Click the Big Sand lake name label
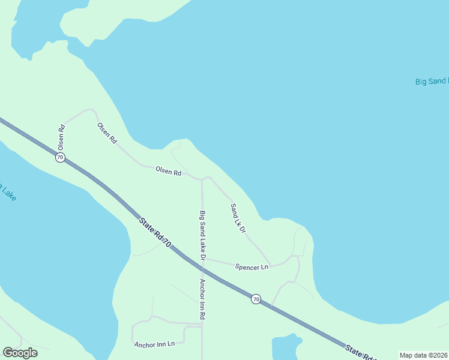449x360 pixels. tap(432, 81)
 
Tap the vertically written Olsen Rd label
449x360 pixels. tap(61, 137)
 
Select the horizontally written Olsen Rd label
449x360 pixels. tap(168, 172)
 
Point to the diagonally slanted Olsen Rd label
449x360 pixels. tap(107, 133)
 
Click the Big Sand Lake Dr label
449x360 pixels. tap(203, 235)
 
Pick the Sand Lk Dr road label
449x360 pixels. tap(238, 218)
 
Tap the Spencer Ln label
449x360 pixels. tap(252, 267)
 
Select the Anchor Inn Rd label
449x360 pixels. tap(203, 298)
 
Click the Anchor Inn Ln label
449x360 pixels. tap(154, 344)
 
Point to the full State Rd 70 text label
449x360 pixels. tap(155, 232)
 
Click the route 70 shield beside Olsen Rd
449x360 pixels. tap(60, 157)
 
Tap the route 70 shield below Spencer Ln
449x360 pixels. tap(256, 299)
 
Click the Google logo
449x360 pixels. tap(20, 352)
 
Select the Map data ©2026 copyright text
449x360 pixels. tap(423, 355)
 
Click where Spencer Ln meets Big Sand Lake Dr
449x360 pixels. tap(204, 259)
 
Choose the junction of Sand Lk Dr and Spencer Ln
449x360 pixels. tap(271, 265)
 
